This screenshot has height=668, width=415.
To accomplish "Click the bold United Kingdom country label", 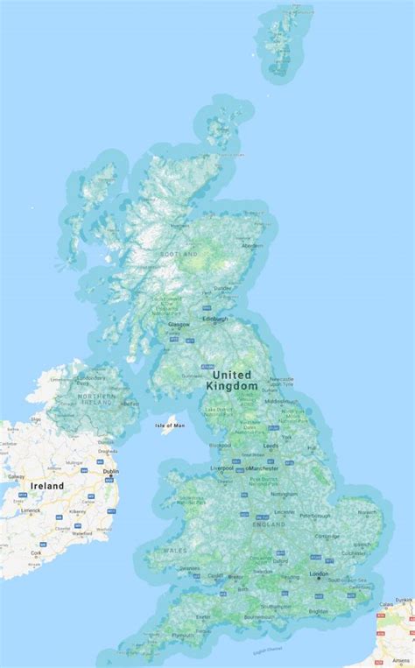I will click(x=232, y=379).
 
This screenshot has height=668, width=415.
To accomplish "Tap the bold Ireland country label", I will click(x=47, y=485).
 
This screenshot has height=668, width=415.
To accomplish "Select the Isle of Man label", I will click(x=171, y=425).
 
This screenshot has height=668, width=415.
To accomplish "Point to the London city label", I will click(x=318, y=574).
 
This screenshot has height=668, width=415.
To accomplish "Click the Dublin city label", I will click(x=110, y=472).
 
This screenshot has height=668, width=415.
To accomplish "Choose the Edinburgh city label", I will click(x=215, y=319).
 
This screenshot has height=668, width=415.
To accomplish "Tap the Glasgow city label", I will click(x=178, y=324).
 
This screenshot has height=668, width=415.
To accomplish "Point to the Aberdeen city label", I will click(x=252, y=246).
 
